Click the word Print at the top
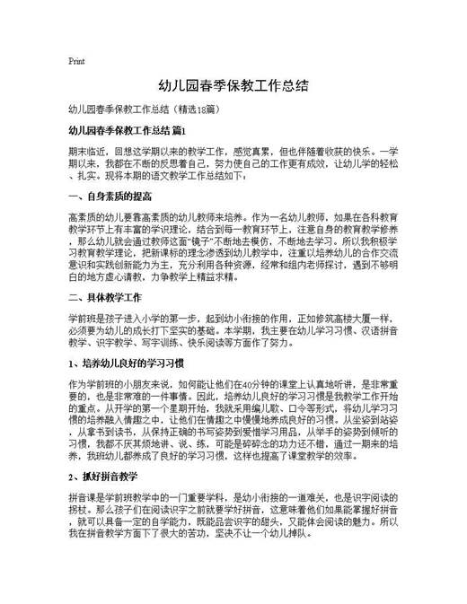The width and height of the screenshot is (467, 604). (x=76, y=62)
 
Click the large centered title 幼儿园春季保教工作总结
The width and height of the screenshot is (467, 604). (x=233, y=87)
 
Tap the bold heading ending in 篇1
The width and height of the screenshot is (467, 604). (x=125, y=131)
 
